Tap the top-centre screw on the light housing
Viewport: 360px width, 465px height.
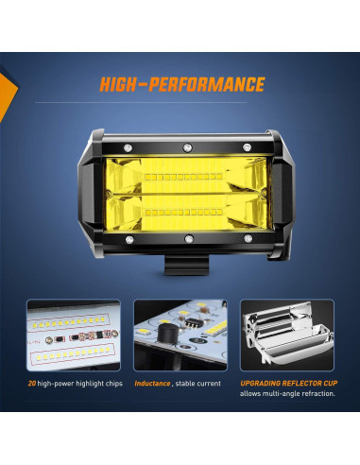click(x=186, y=146)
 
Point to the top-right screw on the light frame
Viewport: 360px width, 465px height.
click(x=248, y=146)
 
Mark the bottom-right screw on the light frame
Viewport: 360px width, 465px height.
click(x=249, y=238)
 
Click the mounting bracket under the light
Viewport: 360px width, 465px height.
click(x=186, y=263)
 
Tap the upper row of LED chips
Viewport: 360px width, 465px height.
click(x=186, y=178)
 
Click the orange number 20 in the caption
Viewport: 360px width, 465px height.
click(x=32, y=383)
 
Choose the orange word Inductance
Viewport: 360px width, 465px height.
click(x=151, y=383)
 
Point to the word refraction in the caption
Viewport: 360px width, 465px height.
click(x=317, y=394)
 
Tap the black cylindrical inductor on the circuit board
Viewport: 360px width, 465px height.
click(x=167, y=333)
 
